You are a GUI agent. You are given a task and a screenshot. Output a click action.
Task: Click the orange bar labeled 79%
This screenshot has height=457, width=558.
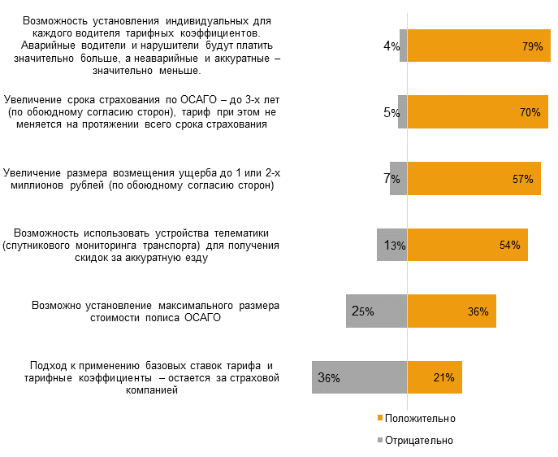coord(479,46)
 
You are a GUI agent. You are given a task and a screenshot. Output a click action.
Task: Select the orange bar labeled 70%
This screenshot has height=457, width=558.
coord(478,112)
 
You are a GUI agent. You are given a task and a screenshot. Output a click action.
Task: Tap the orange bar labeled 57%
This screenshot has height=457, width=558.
coord(474,179)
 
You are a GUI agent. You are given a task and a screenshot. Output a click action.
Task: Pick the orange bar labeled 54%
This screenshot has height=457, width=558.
coord(467,245)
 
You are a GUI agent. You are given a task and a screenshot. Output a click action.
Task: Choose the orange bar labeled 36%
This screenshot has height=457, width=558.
coord(452,311)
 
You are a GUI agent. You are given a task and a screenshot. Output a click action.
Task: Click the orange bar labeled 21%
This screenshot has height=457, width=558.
coord(435,377)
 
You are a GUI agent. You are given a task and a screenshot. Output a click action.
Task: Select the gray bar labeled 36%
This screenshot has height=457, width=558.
coord(359,377)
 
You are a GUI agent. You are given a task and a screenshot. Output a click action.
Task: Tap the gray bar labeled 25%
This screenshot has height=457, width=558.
coord(376,311)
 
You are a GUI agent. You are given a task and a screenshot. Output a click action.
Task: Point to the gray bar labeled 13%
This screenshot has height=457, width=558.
coord(391,245)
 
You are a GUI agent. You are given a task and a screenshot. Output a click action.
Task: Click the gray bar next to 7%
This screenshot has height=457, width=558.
coord(398,179)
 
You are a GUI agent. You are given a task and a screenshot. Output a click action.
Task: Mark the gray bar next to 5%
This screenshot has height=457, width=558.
coord(402,112)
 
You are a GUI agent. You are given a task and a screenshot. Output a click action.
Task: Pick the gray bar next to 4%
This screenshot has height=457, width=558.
coord(403,46)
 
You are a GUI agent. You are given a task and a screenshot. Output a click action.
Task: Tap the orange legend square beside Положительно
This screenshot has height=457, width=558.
coord(379,418)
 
